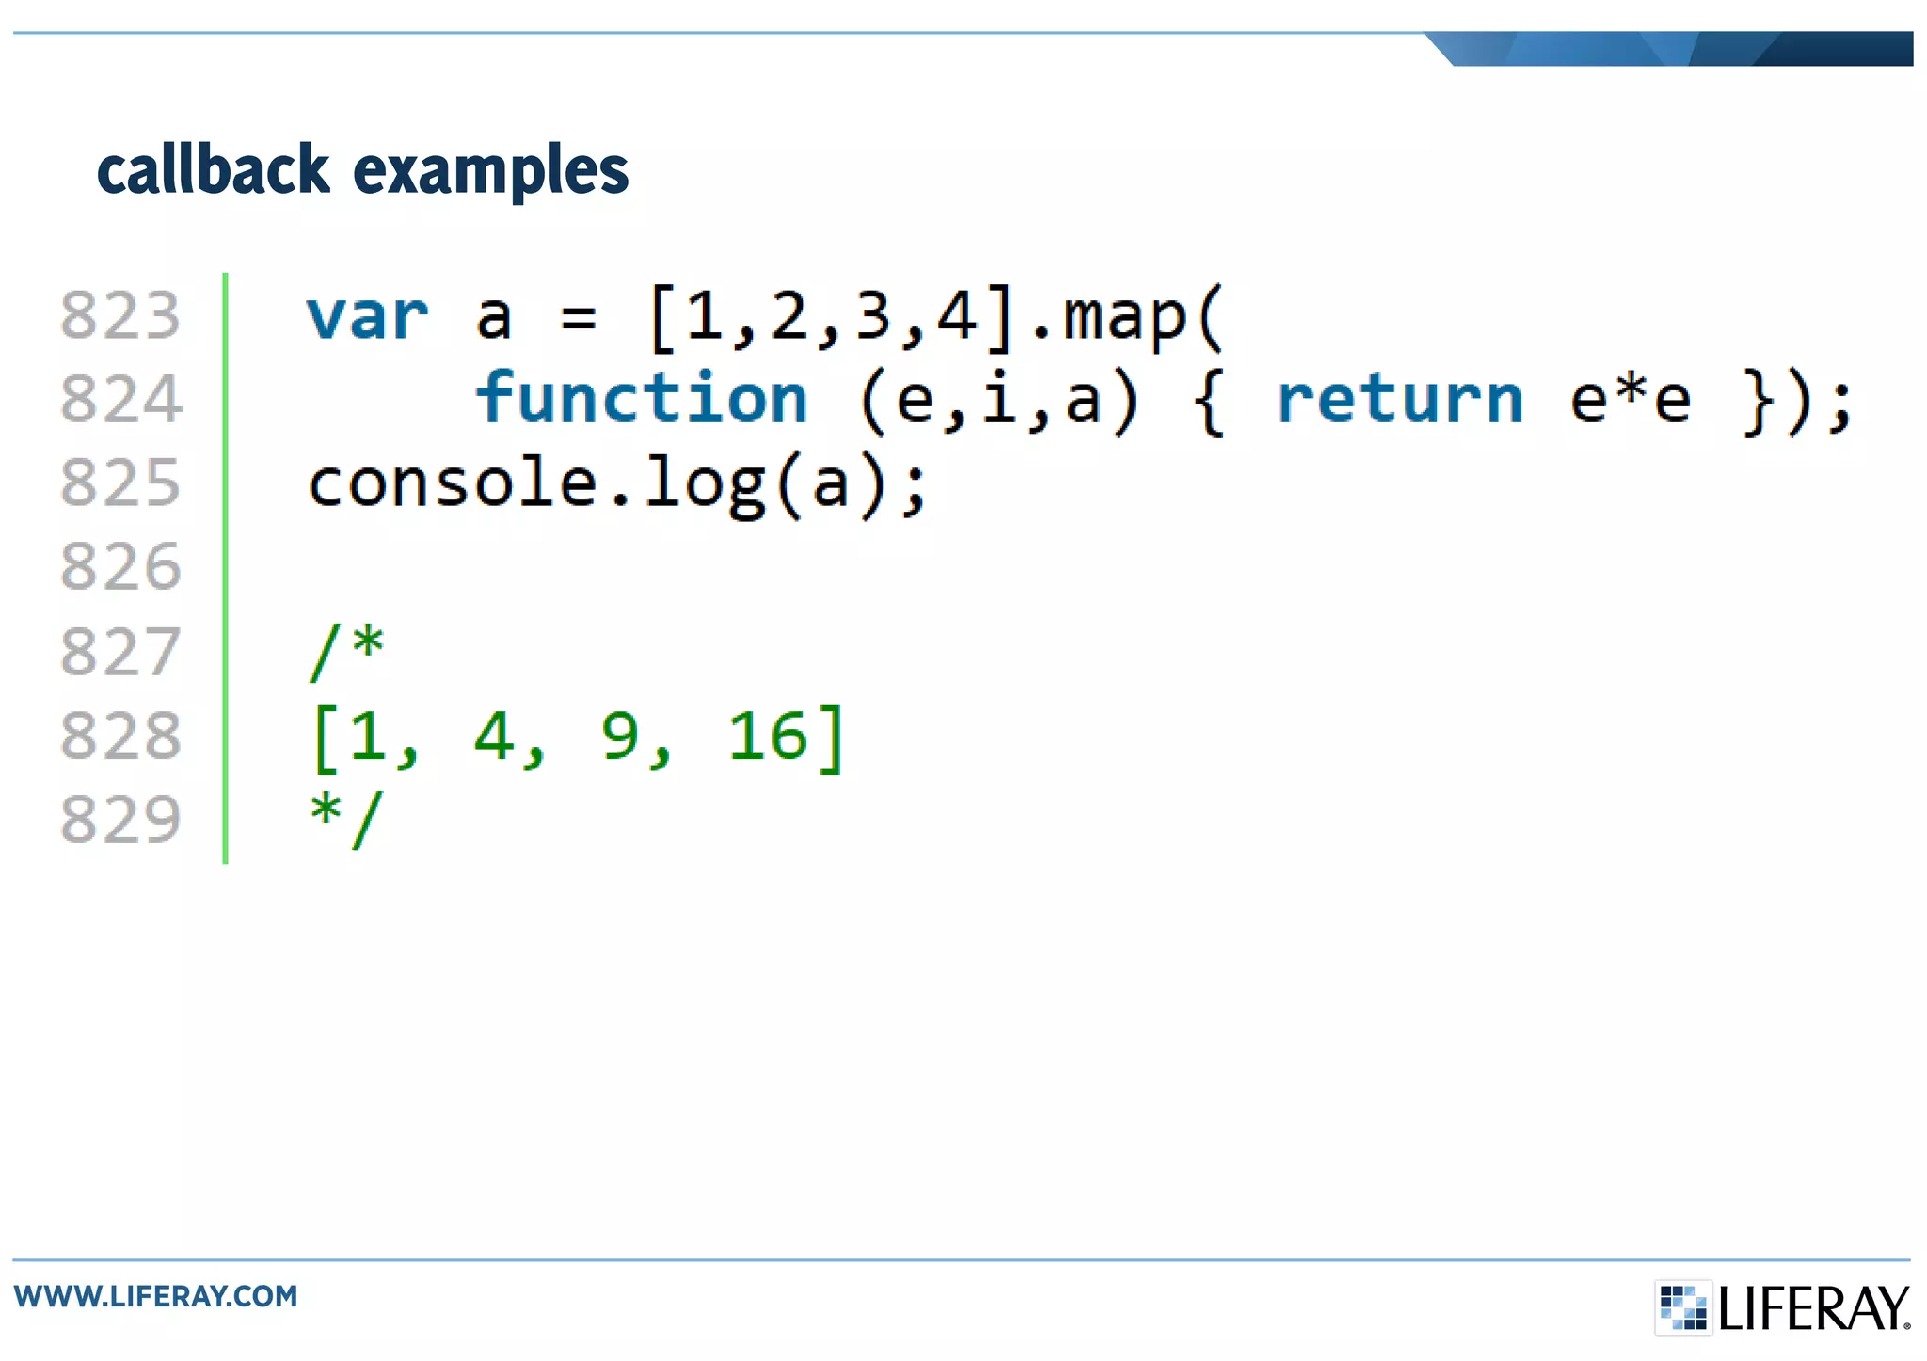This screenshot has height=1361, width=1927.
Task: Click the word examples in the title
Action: click(x=490, y=172)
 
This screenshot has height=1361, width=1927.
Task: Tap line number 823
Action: click(x=120, y=315)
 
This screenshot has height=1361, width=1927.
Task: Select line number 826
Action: click(x=120, y=566)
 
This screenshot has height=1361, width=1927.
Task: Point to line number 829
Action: click(x=120, y=818)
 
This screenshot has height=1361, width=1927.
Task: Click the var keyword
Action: click(x=367, y=317)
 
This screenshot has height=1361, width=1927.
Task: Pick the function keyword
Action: click(x=642, y=399)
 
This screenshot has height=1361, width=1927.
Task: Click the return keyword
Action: click(x=1399, y=400)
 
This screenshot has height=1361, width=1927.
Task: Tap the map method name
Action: click(x=1124, y=317)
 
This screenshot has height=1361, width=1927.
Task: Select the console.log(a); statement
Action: click(x=618, y=484)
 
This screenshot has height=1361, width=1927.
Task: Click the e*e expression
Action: click(x=1630, y=399)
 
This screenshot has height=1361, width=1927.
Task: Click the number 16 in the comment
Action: click(x=768, y=736)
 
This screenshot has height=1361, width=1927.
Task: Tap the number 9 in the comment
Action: click(x=620, y=736)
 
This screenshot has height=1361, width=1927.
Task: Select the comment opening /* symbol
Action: click(x=347, y=650)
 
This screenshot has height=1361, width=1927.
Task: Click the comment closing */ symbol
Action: click(x=347, y=818)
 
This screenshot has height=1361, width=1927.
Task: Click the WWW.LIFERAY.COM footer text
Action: click(x=156, y=1296)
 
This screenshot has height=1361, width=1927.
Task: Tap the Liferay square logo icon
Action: click(x=1682, y=1307)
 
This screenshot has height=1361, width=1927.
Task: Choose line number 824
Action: click(x=120, y=399)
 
